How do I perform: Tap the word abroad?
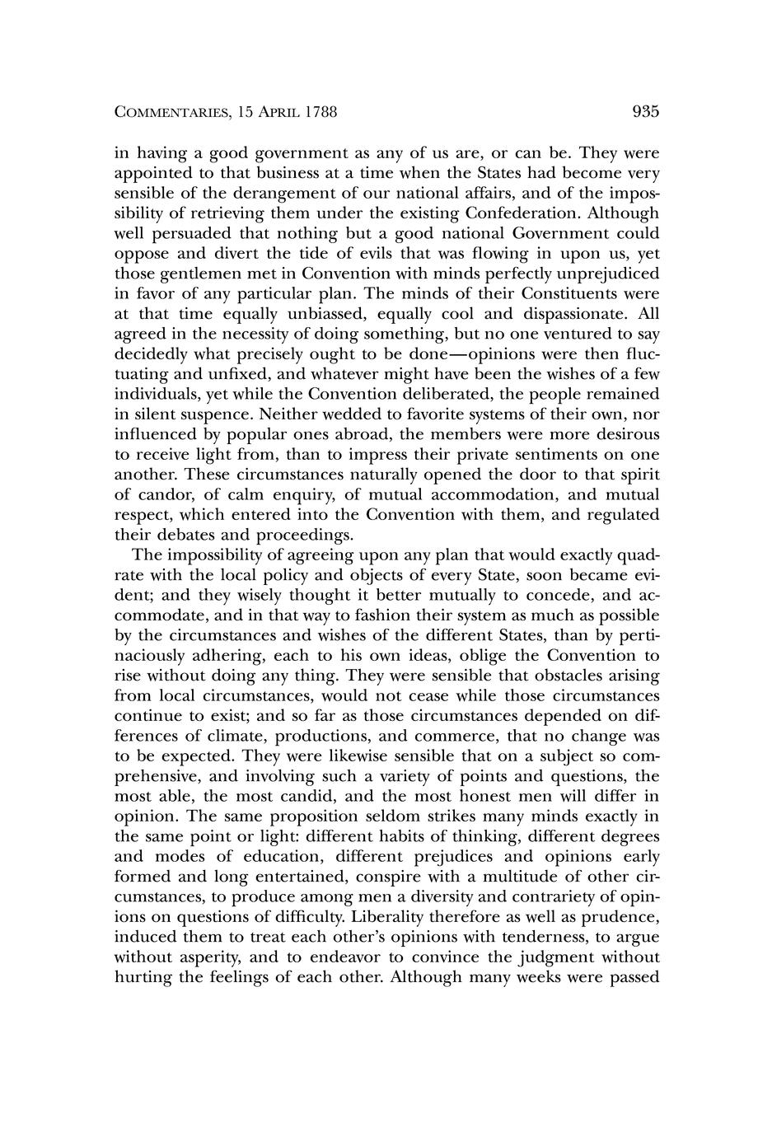[x=343, y=434]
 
